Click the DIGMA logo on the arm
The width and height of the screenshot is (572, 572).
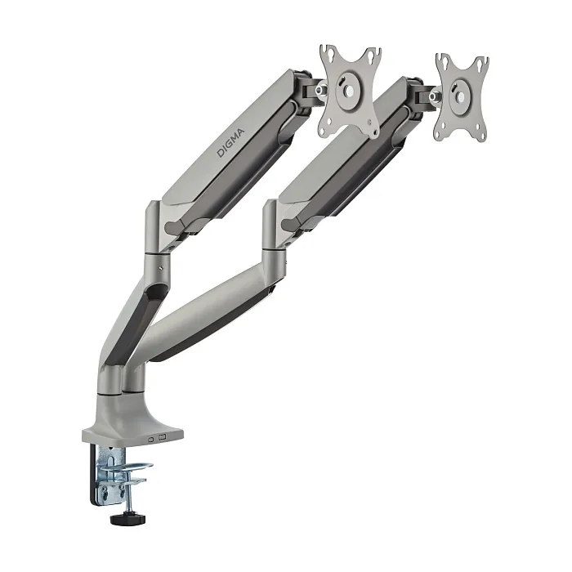point(231,143)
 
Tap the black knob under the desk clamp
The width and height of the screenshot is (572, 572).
point(127,519)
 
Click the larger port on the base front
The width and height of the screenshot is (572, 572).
point(163,437)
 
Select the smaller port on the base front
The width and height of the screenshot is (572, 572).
point(151,439)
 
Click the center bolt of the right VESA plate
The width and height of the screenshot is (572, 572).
point(461,96)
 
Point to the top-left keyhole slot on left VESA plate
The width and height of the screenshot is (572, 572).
point(330,54)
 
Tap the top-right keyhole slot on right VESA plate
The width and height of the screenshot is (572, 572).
point(480,65)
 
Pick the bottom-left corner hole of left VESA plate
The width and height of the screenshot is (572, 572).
point(324,128)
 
